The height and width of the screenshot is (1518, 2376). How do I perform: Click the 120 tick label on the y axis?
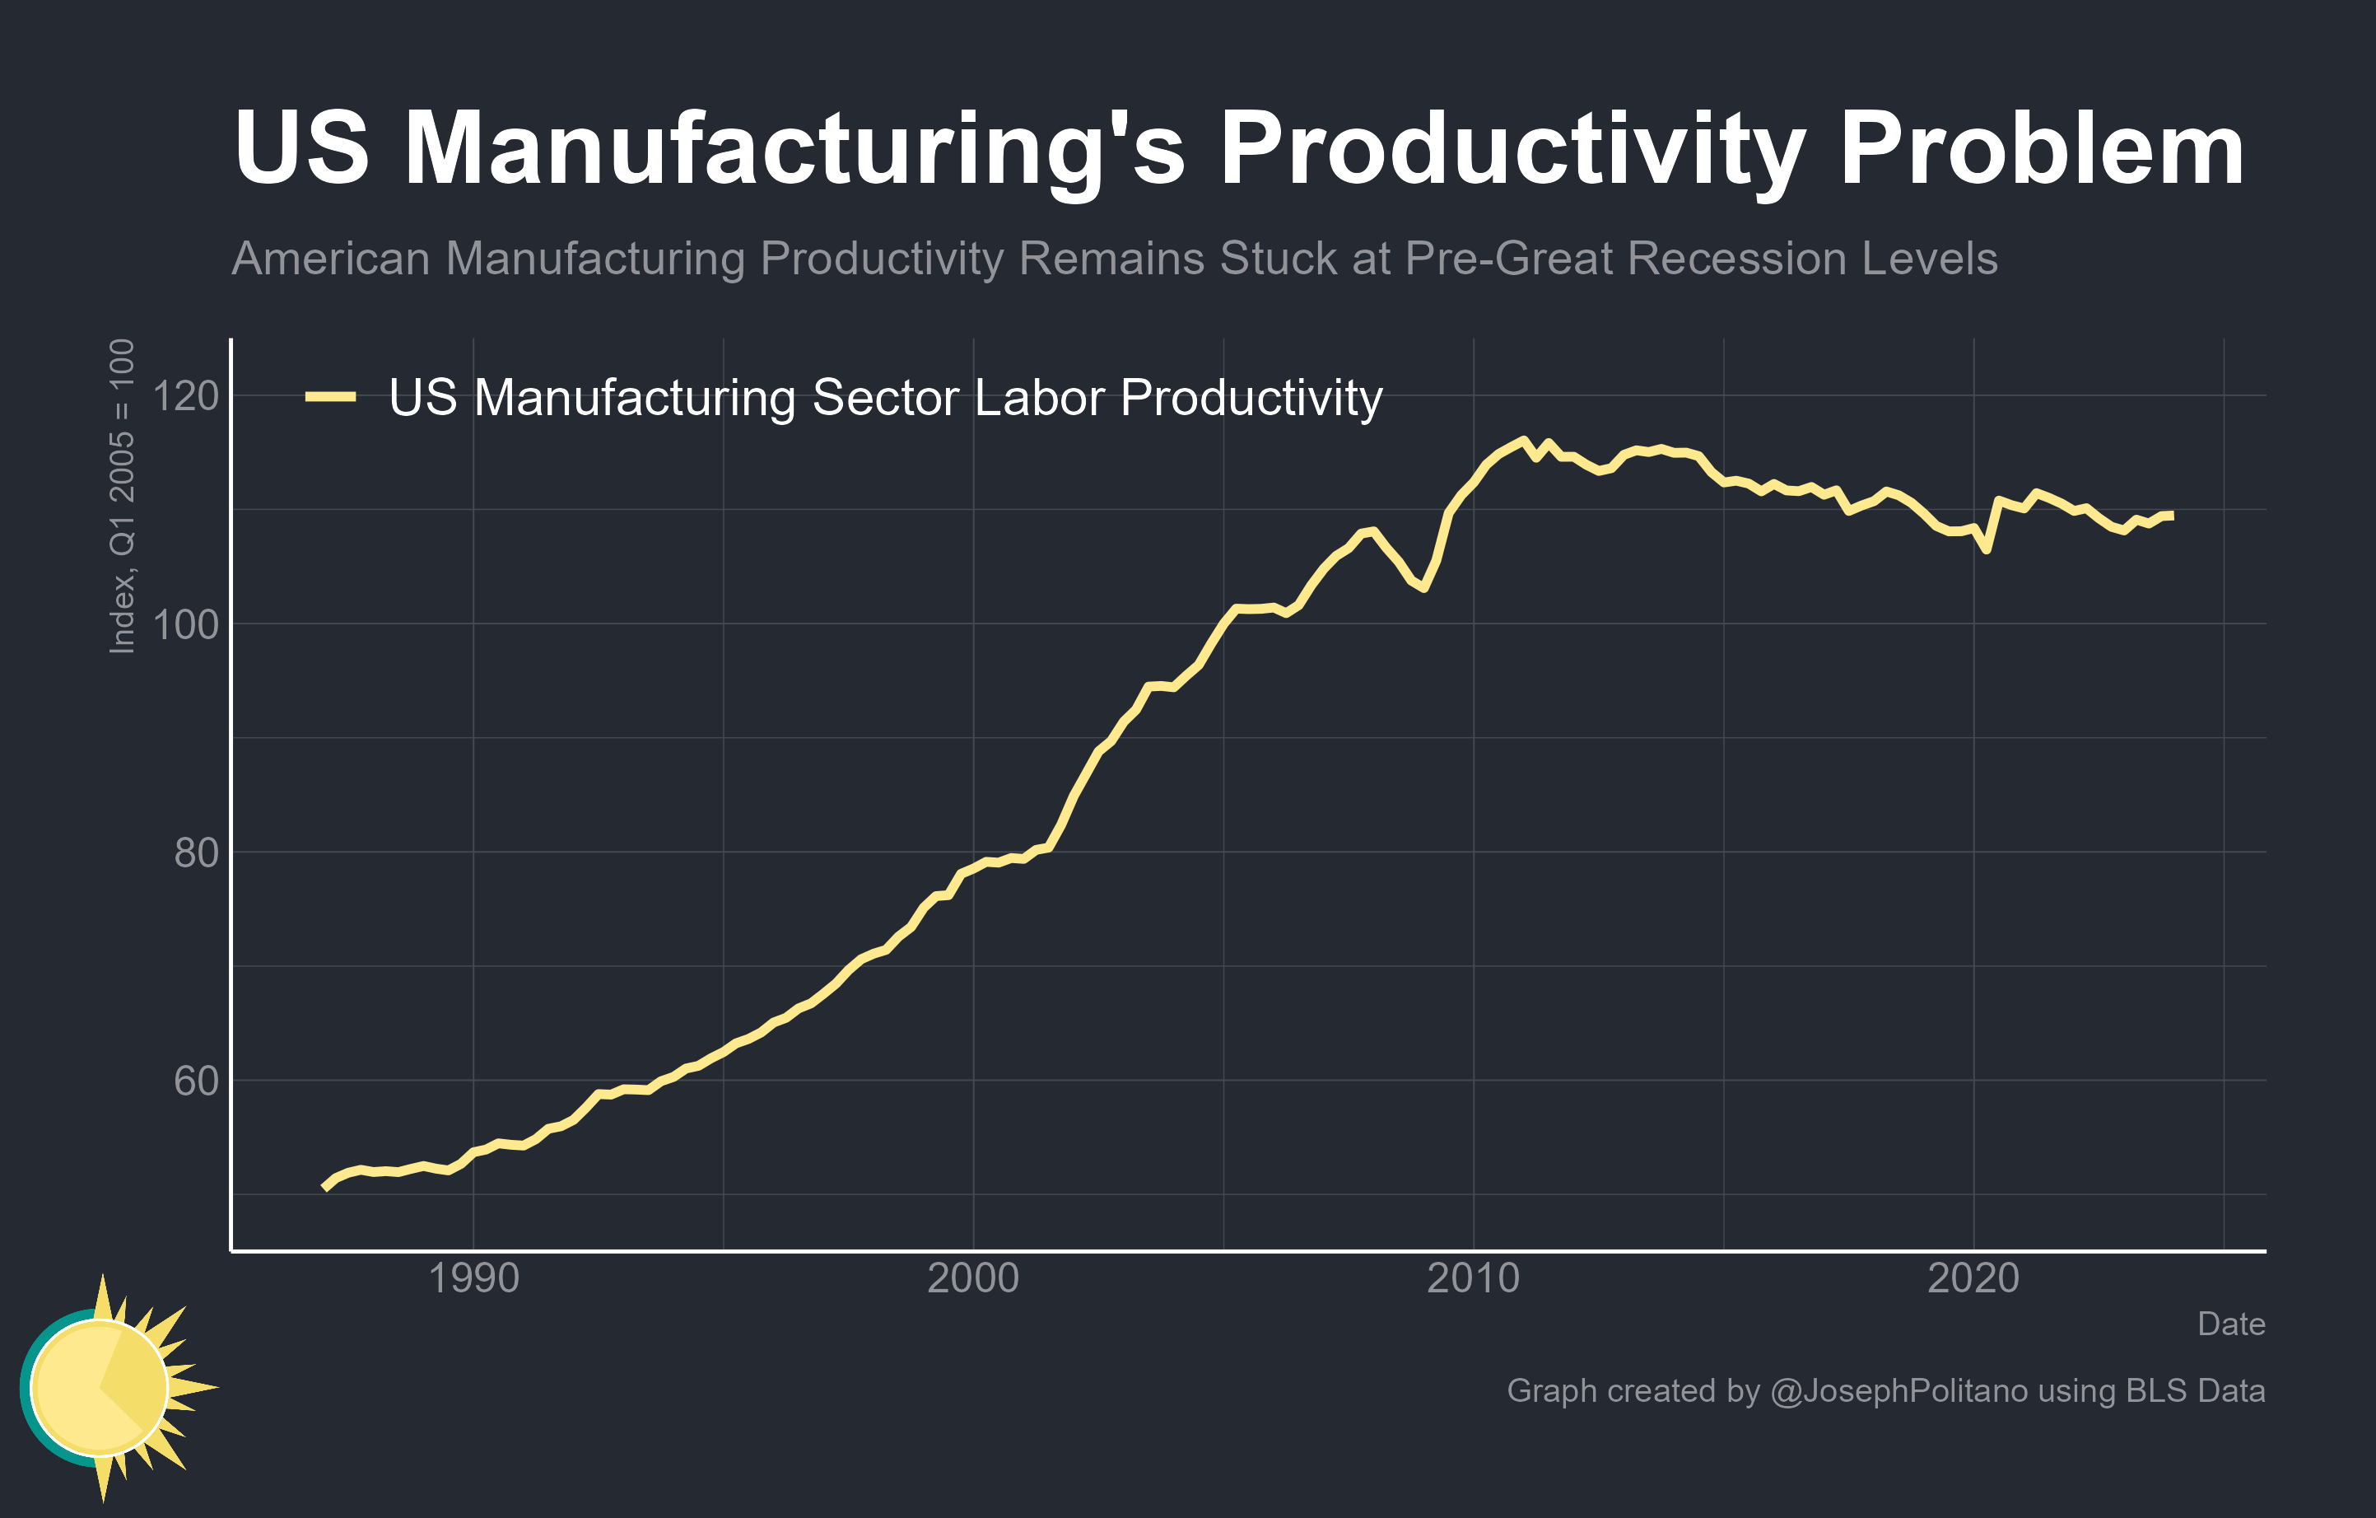coord(185,396)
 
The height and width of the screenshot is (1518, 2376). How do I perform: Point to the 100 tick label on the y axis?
coord(185,625)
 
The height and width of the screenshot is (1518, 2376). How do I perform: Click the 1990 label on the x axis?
coord(473,1278)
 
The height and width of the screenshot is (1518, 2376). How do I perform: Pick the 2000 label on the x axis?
coord(973,1278)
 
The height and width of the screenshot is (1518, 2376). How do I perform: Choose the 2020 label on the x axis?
coord(1973,1278)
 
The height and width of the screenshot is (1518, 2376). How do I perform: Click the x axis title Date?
coord(2231,1324)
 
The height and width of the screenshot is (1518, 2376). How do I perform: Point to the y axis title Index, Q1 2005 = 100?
coord(121,497)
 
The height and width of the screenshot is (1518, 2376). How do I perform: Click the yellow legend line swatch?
coord(330,397)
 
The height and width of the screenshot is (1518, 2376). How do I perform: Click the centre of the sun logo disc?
coord(100,1387)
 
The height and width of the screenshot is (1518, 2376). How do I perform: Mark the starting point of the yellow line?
coord(324,1188)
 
